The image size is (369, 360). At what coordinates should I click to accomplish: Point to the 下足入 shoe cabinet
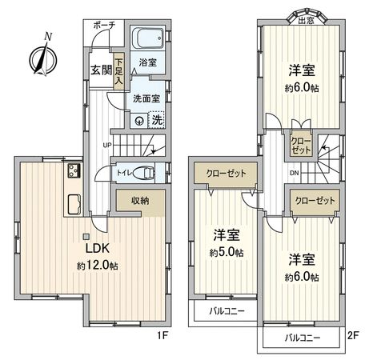point(118,71)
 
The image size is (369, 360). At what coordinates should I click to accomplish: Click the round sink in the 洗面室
point(140,121)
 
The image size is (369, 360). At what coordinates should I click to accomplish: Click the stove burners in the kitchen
point(74,171)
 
